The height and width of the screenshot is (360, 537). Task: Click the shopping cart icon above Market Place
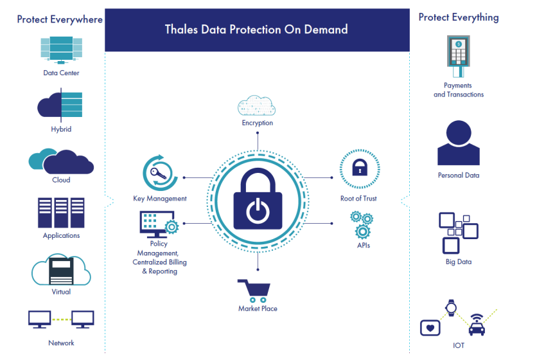point(254,291)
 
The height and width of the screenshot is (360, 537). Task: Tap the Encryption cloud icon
point(256,105)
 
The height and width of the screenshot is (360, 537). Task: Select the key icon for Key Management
point(158,174)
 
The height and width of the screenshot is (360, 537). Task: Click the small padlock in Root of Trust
point(360,167)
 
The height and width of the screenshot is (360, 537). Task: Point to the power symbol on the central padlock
point(258,210)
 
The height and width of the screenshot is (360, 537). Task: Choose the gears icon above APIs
point(361,225)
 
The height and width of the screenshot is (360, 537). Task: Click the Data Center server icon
point(61,50)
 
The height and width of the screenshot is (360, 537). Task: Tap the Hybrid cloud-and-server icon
point(60,105)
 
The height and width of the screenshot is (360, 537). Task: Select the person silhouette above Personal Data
point(459,143)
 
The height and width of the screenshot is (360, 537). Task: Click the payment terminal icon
point(458,56)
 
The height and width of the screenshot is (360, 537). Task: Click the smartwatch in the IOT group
point(451,307)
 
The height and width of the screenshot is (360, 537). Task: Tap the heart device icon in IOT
point(430,328)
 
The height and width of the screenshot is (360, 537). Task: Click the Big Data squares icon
point(459,233)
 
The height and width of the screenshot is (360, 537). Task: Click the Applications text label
point(61,235)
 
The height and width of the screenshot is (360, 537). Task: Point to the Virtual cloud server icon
point(61,269)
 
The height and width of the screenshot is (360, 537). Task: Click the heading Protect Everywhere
point(60,19)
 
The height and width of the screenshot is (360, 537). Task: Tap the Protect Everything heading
point(459,17)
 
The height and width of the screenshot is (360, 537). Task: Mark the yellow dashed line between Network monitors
point(61,319)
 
